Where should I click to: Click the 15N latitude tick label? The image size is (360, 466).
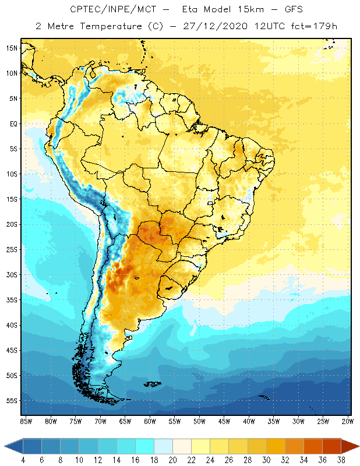click(x=12, y=48)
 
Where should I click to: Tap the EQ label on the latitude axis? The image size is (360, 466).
click(x=12, y=123)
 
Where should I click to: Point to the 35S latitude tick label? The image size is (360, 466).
click(x=12, y=300)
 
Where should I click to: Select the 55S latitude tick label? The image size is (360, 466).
click(x=12, y=401)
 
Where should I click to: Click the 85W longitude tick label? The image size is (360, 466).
click(x=26, y=421)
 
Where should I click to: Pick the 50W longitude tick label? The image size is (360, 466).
click(x=200, y=421)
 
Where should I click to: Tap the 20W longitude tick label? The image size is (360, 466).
click(x=348, y=421)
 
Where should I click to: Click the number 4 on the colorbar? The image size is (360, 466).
click(x=23, y=460)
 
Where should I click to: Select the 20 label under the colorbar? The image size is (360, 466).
click(x=172, y=460)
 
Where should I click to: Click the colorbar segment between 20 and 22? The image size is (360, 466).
click(x=182, y=446)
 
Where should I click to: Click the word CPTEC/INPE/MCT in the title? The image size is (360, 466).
click(x=104, y=10)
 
